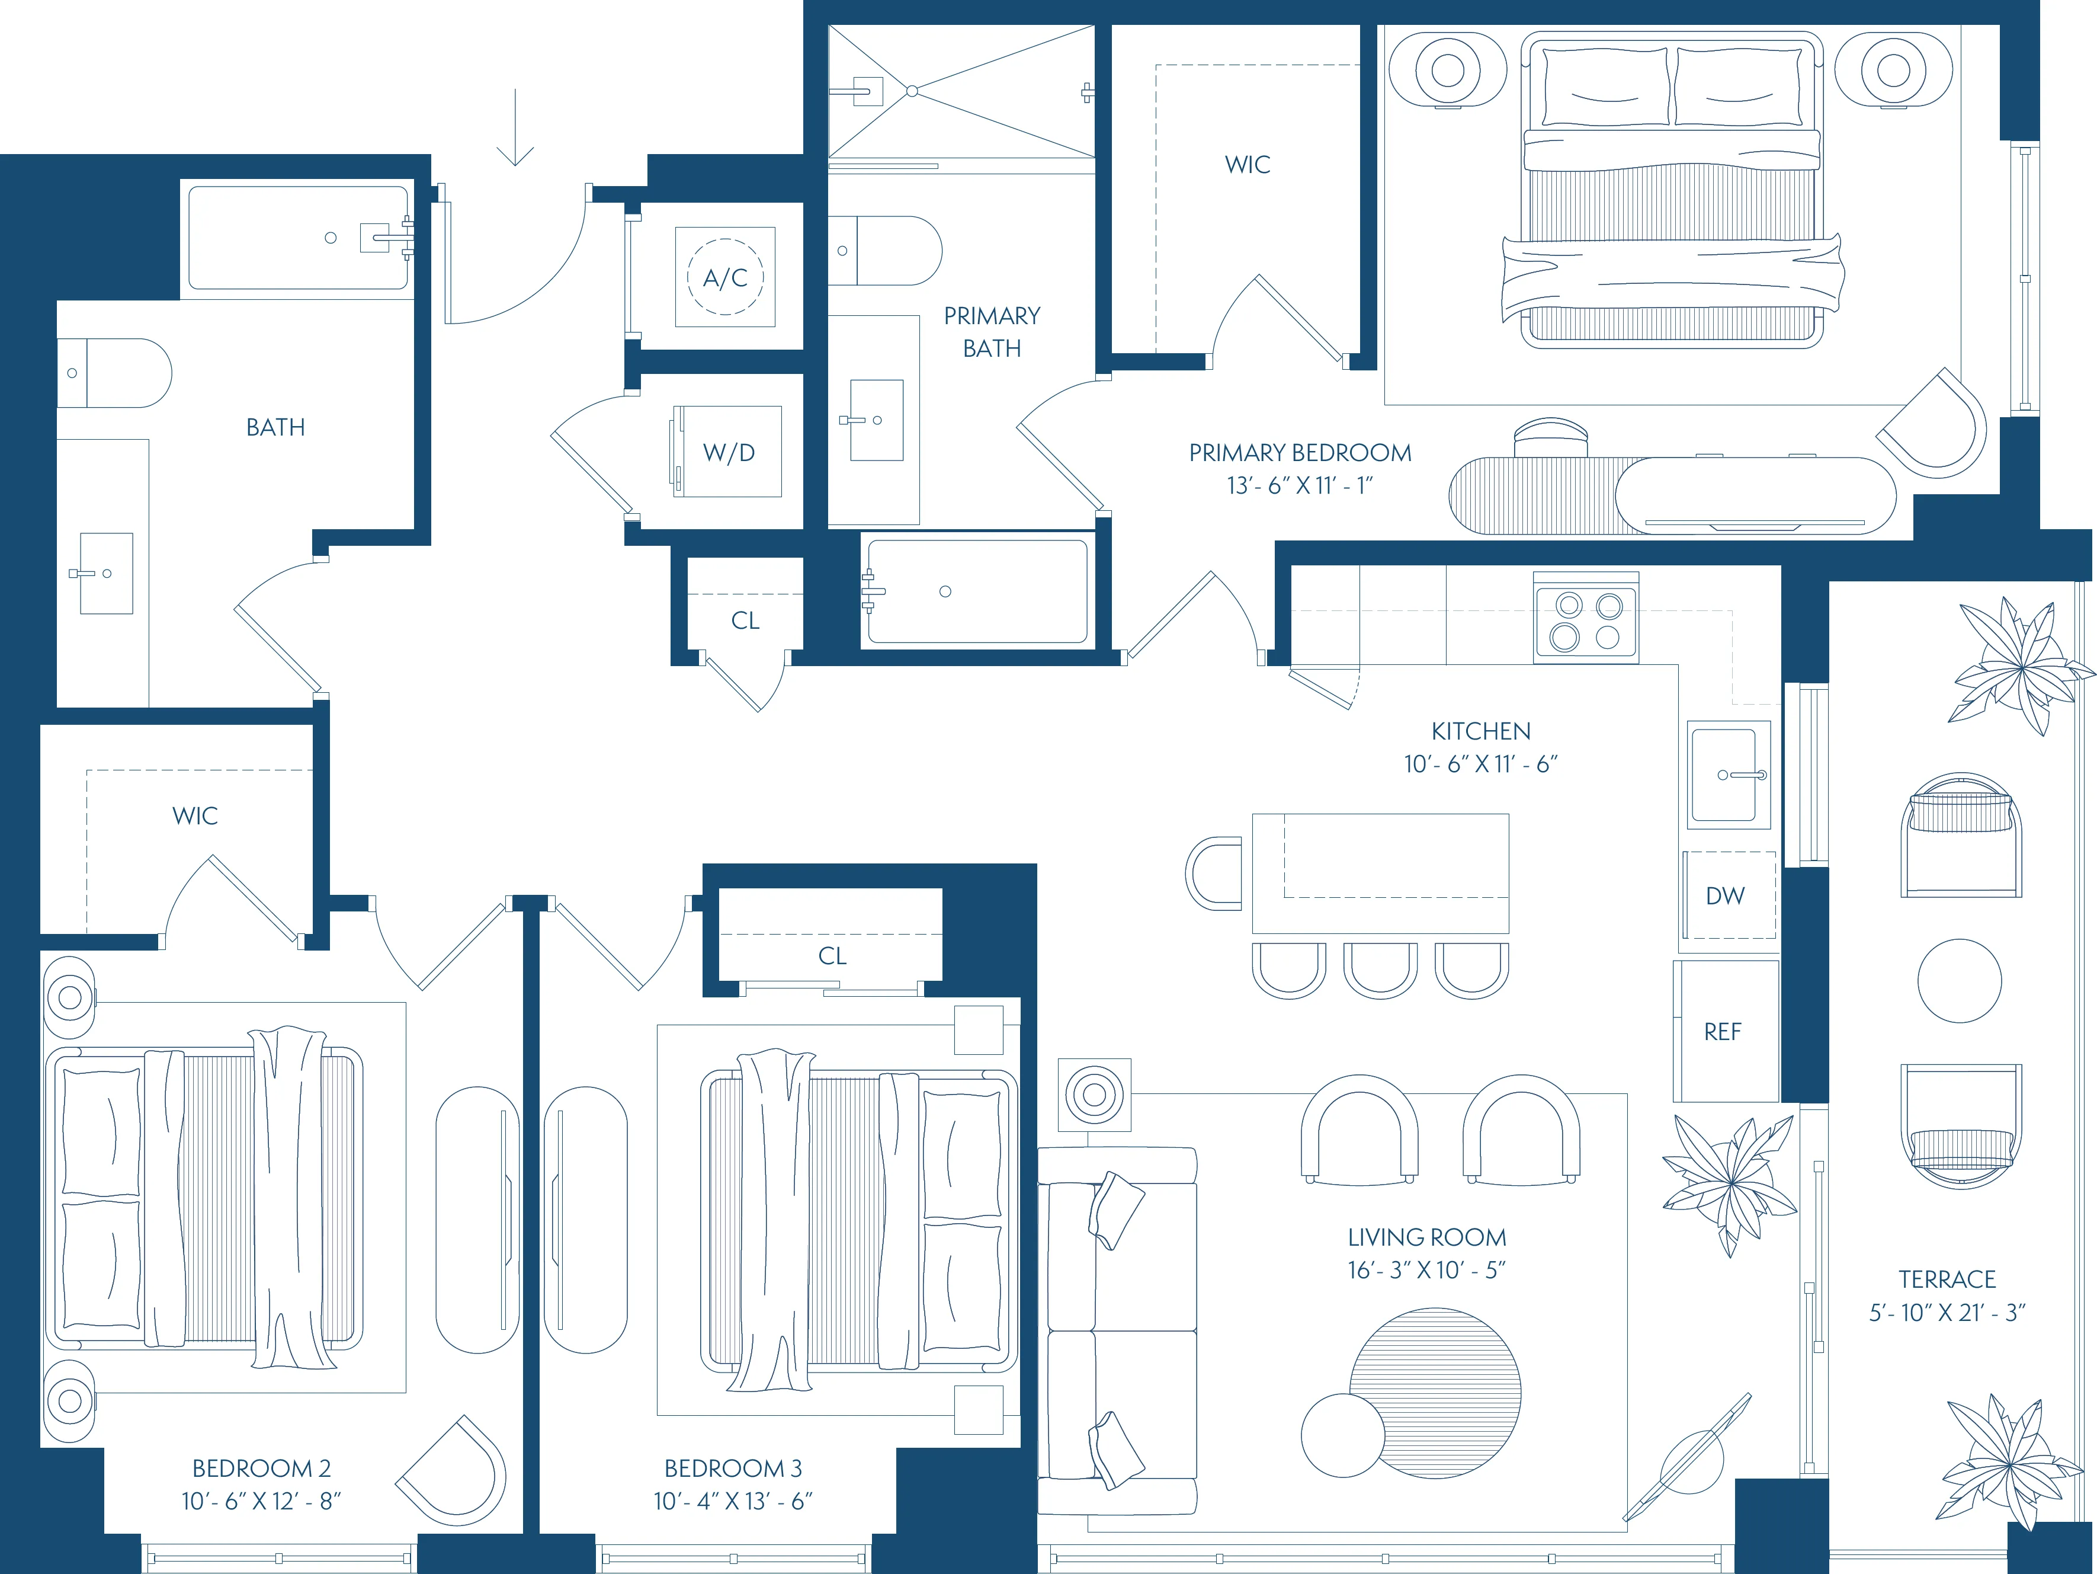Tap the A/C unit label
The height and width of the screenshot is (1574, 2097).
pos(725,278)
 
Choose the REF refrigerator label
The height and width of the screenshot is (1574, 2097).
pos(1723,1032)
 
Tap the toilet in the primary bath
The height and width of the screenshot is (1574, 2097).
pos(886,250)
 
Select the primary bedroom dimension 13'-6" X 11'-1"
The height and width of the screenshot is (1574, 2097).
pos(1300,485)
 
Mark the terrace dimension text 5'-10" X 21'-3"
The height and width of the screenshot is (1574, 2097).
pos(1947,1312)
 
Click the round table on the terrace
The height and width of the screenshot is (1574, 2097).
pos(1958,980)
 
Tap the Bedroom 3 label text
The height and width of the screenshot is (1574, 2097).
pos(733,1468)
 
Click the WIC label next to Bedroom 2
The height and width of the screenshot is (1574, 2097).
pos(195,815)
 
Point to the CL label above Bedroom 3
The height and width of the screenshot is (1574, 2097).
pos(832,956)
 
